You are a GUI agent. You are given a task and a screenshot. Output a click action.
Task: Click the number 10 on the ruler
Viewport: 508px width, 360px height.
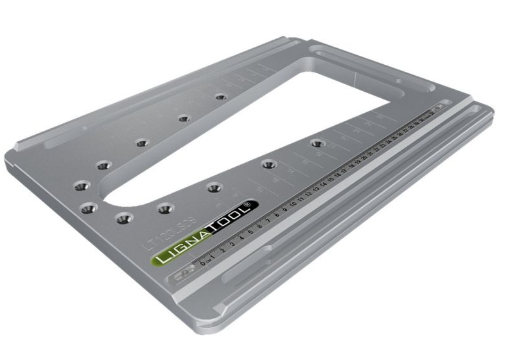[293, 205]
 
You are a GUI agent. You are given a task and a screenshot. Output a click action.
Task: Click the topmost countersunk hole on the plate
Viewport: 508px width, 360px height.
[221, 97]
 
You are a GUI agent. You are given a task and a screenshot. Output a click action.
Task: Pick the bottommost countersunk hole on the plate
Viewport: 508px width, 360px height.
[122, 219]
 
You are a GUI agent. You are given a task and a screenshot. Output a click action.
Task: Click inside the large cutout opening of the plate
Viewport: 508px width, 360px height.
[257, 128]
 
